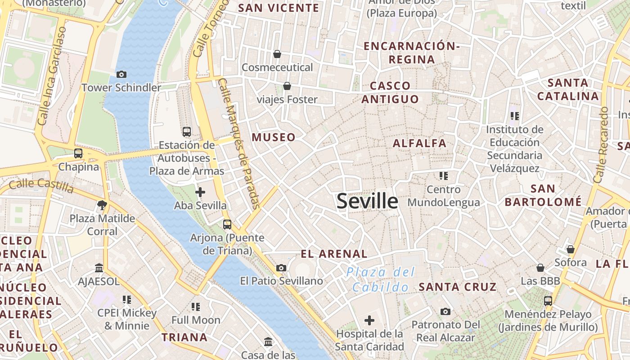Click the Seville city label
point(367,201)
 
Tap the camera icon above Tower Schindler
point(121,74)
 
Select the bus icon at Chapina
point(78,153)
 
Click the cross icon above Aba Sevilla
point(200,193)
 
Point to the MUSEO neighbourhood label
point(274,137)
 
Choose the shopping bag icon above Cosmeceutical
point(277,54)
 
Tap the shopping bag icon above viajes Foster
point(287,86)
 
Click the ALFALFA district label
point(419,143)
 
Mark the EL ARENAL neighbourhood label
point(334,254)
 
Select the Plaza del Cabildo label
point(381,279)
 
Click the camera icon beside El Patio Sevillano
point(281,268)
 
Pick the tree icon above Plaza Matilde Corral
point(102,205)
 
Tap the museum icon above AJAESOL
point(99,268)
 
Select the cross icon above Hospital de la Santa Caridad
point(369,320)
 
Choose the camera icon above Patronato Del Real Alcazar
point(445,311)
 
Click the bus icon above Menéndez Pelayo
point(548,301)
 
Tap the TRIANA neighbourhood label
point(184,337)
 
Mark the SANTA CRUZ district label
point(457,287)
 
